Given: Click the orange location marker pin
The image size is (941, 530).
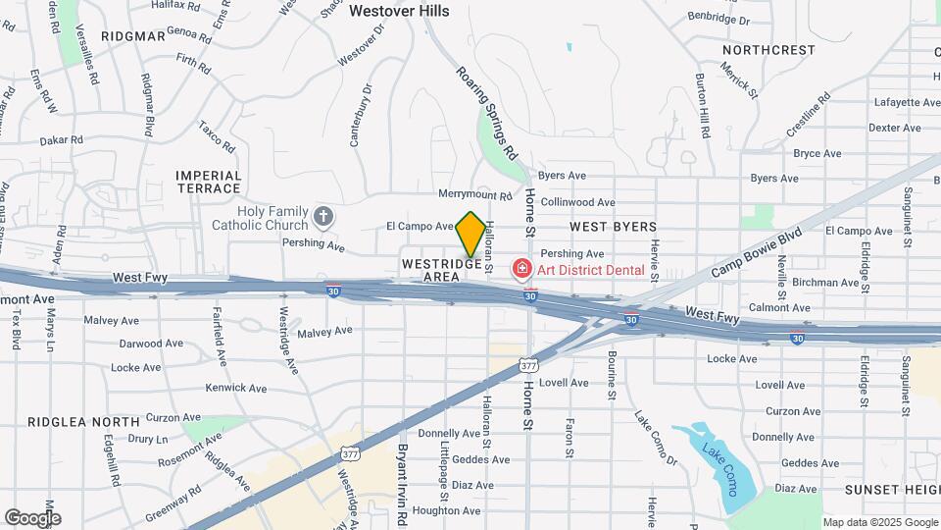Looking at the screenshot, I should [x=470, y=234].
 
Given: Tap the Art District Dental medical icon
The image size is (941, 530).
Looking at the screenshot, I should [x=521, y=269].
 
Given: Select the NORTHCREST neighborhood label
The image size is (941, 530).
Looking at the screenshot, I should [x=768, y=50].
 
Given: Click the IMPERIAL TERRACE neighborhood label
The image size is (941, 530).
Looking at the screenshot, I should [x=209, y=182].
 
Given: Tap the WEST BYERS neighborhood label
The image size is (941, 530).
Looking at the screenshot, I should [x=613, y=227].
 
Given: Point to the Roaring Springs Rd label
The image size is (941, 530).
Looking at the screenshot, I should [x=486, y=113].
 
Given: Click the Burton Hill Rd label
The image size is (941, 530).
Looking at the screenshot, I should [x=703, y=104].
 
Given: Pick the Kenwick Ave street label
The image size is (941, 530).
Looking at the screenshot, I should [x=236, y=389].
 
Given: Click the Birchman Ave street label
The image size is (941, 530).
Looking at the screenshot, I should [x=825, y=283].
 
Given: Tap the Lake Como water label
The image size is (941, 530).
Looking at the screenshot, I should [x=719, y=469].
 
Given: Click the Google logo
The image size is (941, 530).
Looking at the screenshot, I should [x=32, y=518].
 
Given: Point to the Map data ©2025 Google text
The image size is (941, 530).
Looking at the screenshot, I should [x=880, y=522].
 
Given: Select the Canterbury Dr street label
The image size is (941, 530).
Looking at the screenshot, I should [x=361, y=116].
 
